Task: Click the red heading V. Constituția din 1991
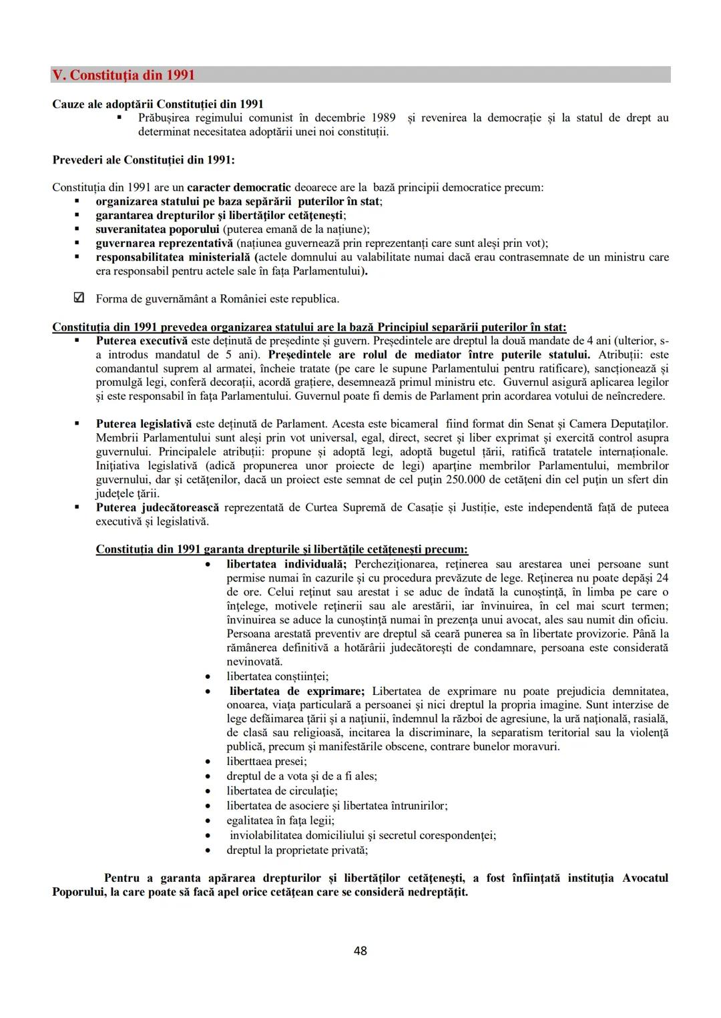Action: pos(124,75)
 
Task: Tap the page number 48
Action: pos(360,951)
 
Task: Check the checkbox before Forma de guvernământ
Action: pos(78,298)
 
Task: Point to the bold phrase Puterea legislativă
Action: pos(144,424)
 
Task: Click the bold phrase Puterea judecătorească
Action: pos(157,507)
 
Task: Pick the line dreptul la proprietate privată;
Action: pos(297,850)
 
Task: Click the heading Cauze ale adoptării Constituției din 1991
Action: pos(158,104)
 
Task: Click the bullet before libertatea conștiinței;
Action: pos(210,677)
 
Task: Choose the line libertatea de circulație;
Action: pos(282,791)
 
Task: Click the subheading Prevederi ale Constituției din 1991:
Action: pos(144,160)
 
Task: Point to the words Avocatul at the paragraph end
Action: pos(645,878)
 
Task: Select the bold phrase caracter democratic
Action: pos(238,188)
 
